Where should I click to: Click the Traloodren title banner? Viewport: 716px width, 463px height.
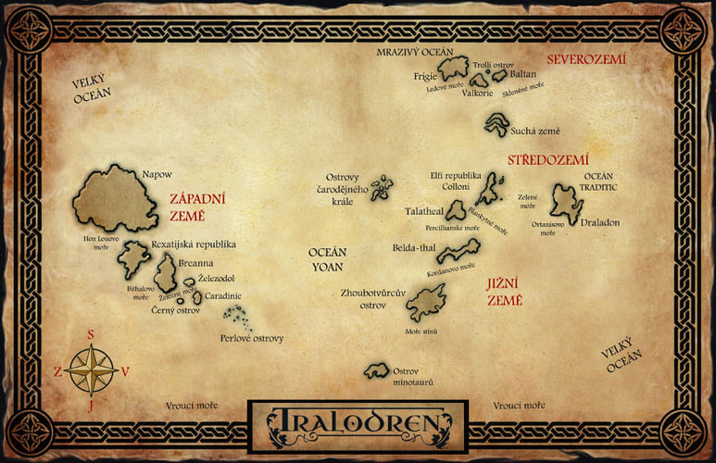[x=358, y=426]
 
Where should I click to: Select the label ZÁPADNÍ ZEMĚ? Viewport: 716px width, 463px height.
[x=199, y=206]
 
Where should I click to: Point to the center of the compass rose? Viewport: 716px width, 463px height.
[x=91, y=369]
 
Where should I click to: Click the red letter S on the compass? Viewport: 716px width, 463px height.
[x=91, y=335]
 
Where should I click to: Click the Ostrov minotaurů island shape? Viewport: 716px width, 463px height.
[x=375, y=370]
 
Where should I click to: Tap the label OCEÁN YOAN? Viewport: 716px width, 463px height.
[x=327, y=259]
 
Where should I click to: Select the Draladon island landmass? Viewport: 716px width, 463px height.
[x=566, y=203]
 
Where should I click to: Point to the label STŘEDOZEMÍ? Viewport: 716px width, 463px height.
[x=547, y=160]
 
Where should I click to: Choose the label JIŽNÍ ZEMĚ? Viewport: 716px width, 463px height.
[x=505, y=293]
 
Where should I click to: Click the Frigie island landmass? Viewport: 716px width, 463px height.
[x=454, y=68]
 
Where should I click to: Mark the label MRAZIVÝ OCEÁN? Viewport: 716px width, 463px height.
[x=414, y=52]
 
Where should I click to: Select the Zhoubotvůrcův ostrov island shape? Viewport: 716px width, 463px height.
[x=427, y=301]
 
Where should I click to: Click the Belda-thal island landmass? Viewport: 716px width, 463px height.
[x=459, y=249]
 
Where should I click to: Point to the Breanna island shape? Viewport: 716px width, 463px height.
[x=166, y=275]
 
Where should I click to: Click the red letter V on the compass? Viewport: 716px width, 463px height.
[x=125, y=371]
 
